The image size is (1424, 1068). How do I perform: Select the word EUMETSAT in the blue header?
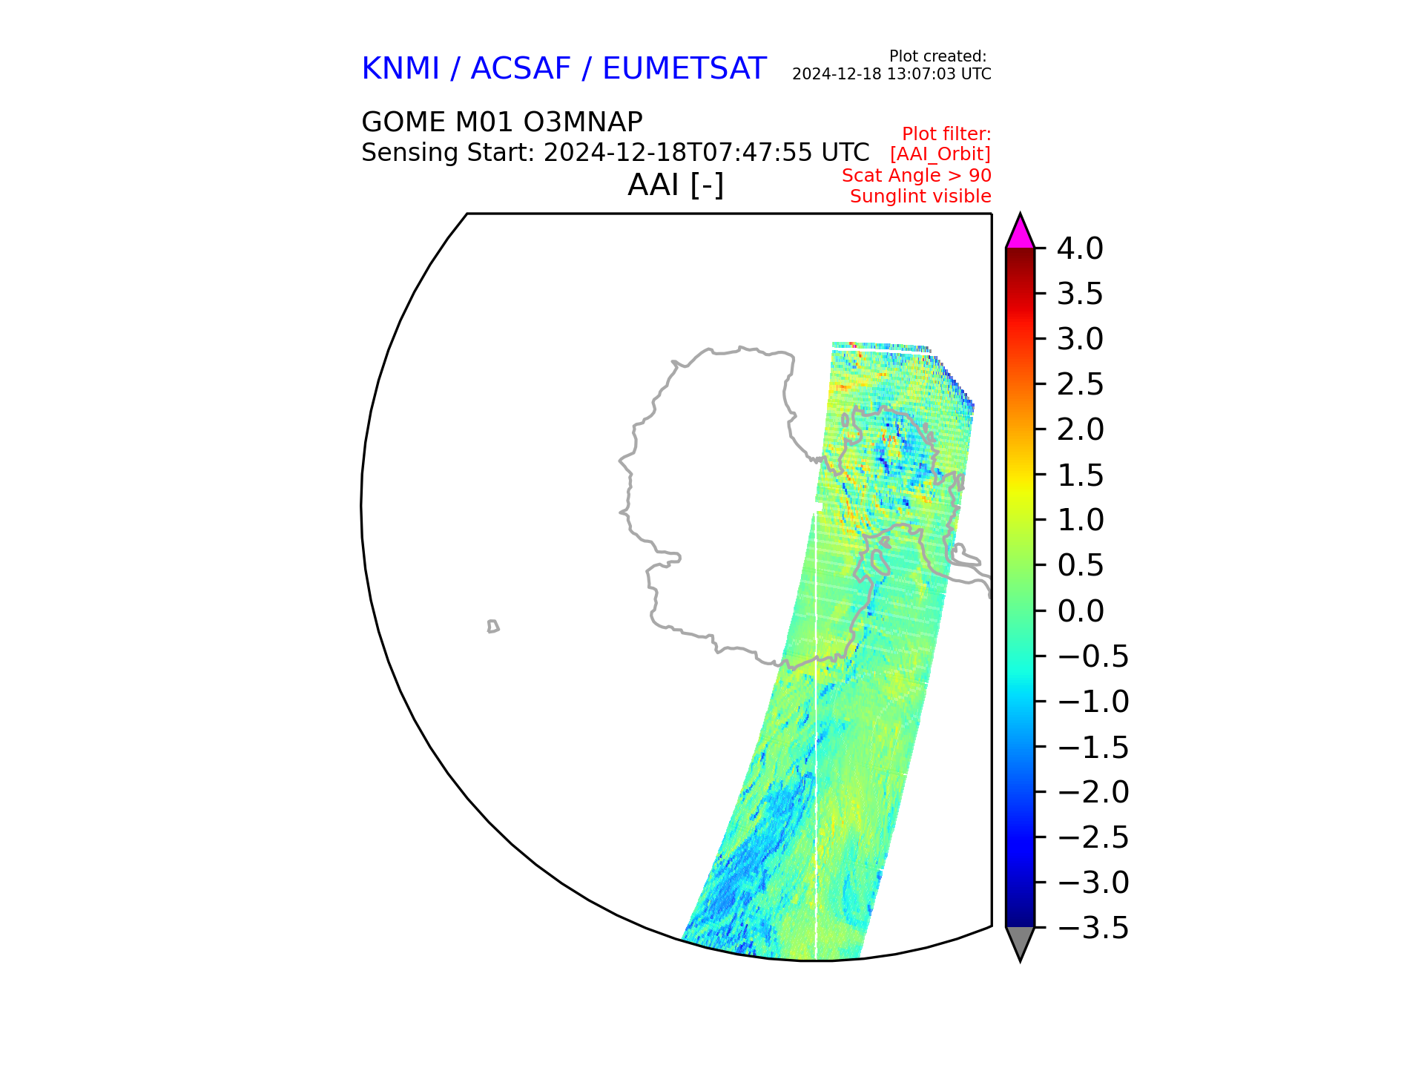coord(684,69)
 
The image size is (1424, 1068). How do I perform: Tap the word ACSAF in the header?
coord(521,69)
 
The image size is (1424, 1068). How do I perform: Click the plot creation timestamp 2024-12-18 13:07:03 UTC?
coord(891,74)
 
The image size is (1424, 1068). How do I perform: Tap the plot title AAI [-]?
coord(676,185)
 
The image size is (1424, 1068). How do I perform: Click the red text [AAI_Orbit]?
coord(940,154)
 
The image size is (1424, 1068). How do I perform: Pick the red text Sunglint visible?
coord(920,197)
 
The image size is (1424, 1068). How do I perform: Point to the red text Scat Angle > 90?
coord(917,176)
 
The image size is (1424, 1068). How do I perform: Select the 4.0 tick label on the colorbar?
coord(1080,248)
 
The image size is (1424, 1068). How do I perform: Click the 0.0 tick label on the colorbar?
coord(1080,611)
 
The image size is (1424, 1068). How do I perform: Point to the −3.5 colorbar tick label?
coord(1092,928)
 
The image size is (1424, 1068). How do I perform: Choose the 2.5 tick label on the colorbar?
coord(1080,385)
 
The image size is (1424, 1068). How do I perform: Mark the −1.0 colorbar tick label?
coord(1092,702)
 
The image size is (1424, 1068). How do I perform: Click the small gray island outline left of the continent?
coord(493,627)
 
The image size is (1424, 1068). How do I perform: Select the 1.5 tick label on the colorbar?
coord(1080,475)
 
